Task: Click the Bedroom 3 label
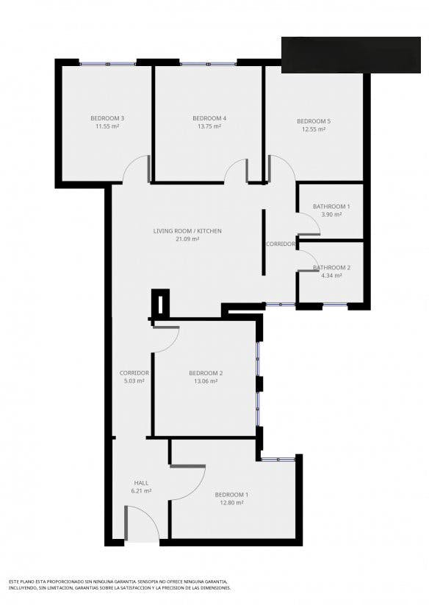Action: [107, 118]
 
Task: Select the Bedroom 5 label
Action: [314, 121]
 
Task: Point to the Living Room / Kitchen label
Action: [187, 231]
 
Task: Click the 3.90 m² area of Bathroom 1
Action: [331, 214]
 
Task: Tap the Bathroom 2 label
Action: [331, 267]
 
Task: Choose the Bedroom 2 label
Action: [206, 373]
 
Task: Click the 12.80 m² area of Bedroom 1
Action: [231, 503]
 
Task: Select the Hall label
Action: [141, 482]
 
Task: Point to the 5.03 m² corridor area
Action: [134, 381]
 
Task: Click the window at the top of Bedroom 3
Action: [108, 63]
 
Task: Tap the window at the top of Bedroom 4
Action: [208, 63]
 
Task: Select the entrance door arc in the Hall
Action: [148, 515]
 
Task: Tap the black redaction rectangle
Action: [350, 55]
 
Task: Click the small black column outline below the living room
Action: [160, 302]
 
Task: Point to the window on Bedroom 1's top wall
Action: [278, 459]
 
